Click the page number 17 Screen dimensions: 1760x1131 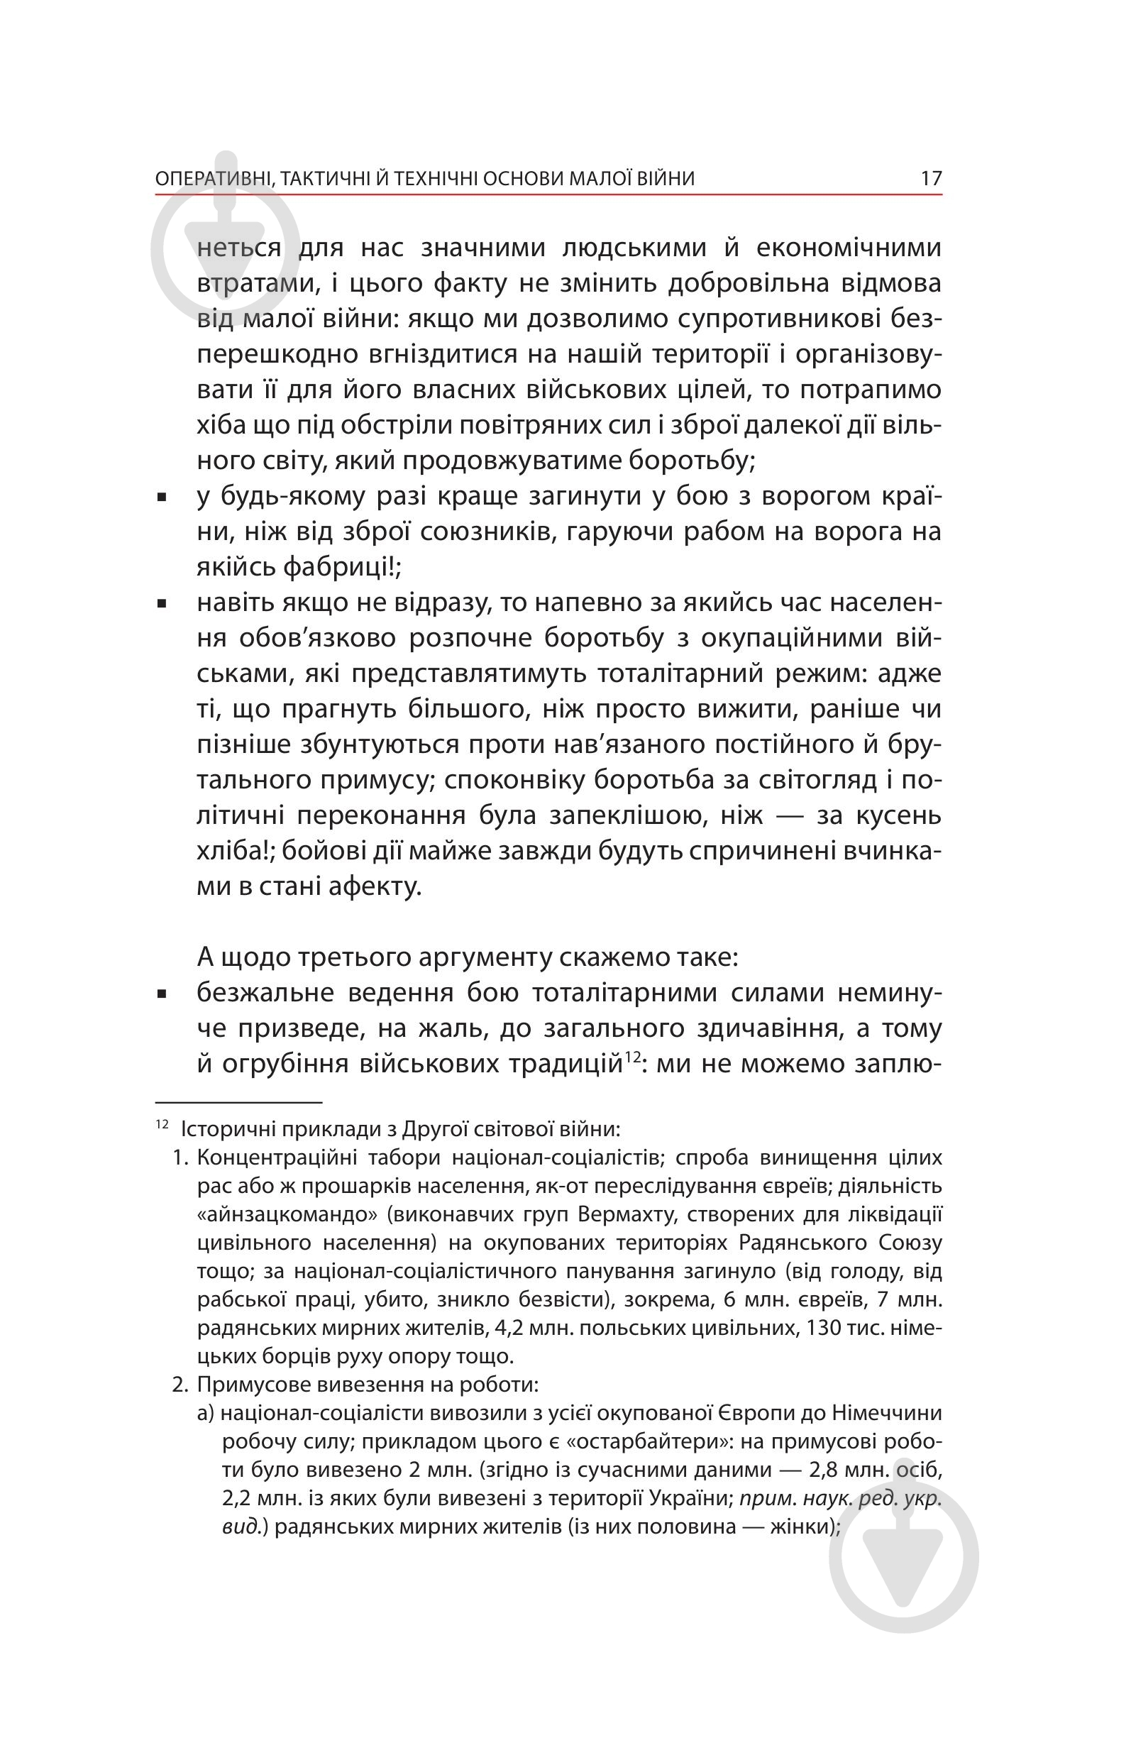coord(930,179)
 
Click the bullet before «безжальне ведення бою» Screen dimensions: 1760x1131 coord(162,994)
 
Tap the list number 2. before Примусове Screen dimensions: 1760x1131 coord(181,1385)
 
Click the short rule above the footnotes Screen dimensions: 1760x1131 coord(238,1102)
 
